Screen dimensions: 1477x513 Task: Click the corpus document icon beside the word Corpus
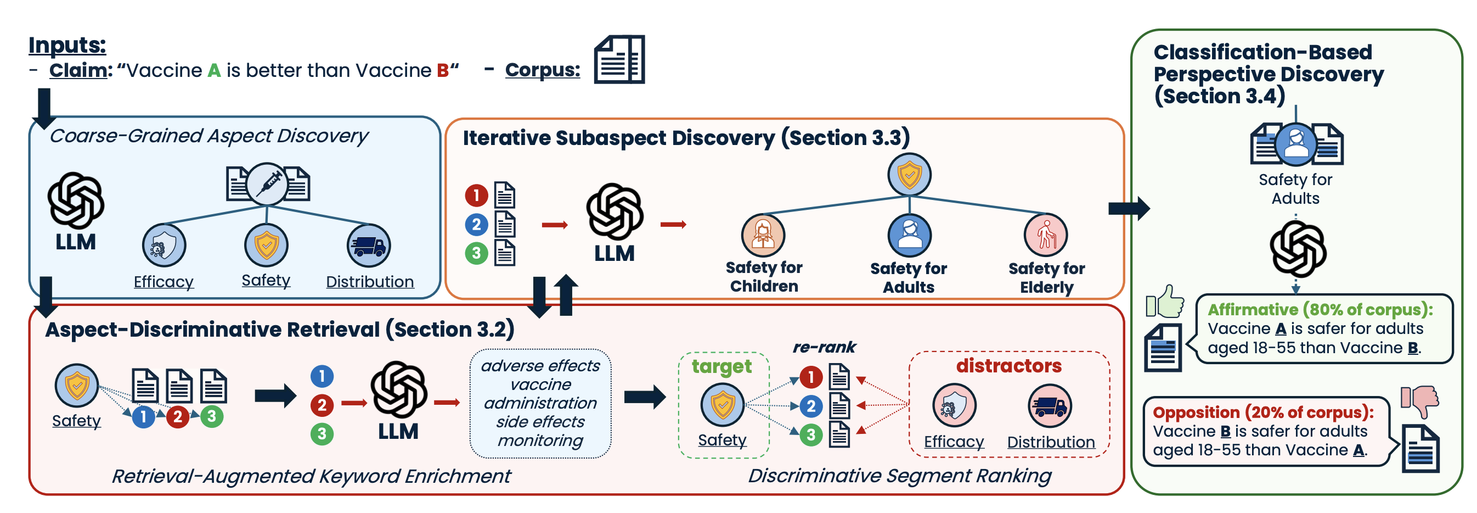(x=619, y=59)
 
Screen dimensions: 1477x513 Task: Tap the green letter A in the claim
(x=214, y=71)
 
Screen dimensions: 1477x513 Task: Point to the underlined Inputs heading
(x=67, y=44)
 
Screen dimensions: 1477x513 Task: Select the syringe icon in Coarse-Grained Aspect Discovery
(x=268, y=184)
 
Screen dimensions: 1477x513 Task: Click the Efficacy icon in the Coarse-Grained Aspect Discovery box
(x=164, y=245)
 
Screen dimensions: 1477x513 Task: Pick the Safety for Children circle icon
(x=763, y=235)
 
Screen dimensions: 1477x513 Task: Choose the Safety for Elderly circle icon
(x=1046, y=235)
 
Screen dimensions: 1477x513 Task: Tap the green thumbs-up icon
(x=1165, y=302)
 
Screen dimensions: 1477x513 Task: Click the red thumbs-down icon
(x=1419, y=401)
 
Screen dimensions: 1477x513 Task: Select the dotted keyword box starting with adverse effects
(x=540, y=403)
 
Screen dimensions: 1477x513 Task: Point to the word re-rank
(x=824, y=347)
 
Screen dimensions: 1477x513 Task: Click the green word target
(x=721, y=367)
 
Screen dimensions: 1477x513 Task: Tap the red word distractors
(x=1008, y=366)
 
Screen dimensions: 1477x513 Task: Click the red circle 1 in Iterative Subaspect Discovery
(x=476, y=195)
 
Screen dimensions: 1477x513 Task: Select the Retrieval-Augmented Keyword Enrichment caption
(x=311, y=476)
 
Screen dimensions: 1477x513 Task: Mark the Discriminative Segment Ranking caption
(x=900, y=476)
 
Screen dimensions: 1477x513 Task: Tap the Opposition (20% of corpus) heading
(x=1263, y=412)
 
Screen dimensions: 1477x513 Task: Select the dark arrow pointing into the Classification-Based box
(x=1129, y=208)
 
